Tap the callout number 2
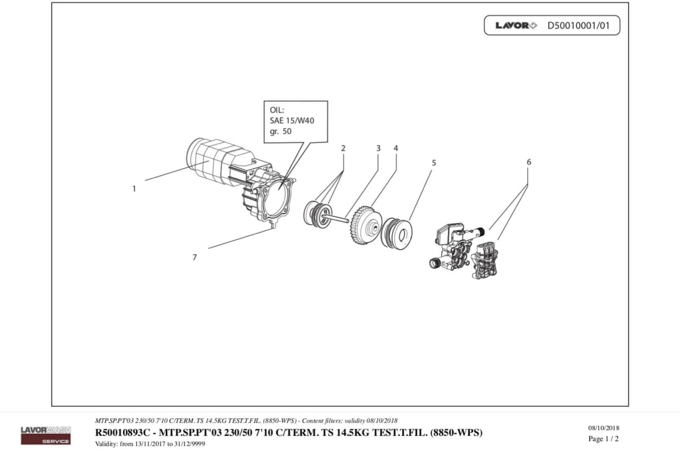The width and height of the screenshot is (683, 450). [x=343, y=148]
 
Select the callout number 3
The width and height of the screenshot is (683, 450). [x=378, y=148]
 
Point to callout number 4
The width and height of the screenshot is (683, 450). [x=396, y=148]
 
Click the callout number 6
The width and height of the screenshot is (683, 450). [x=529, y=162]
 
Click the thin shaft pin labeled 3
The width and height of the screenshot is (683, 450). [x=336, y=218]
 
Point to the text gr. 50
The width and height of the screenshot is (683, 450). [x=280, y=131]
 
